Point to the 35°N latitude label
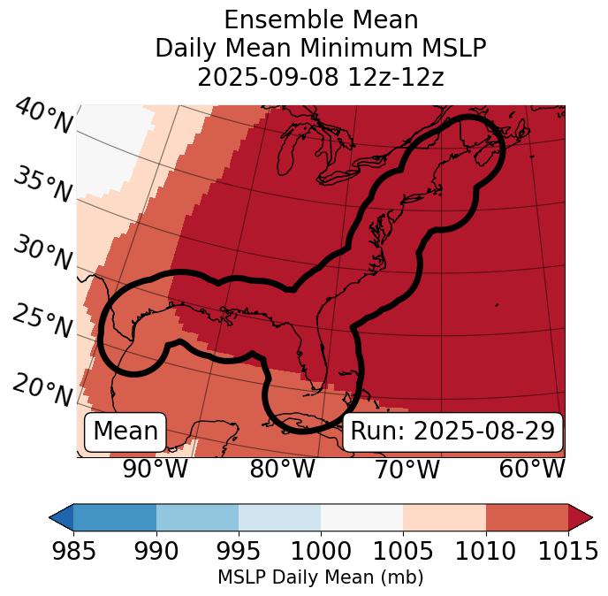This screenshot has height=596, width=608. point(42,186)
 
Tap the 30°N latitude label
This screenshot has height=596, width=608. point(42,254)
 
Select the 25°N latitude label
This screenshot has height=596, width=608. point(42,322)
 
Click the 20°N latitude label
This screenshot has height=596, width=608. point(42,389)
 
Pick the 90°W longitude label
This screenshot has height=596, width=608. point(156,470)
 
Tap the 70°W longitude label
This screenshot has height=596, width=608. point(407,470)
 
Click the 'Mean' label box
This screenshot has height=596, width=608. point(125,432)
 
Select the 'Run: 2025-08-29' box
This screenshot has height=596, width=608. point(452,432)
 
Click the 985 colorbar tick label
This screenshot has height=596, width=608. point(73,551)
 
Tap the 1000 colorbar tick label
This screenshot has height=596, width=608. point(321,551)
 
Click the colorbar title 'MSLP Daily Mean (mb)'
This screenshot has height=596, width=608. point(321,577)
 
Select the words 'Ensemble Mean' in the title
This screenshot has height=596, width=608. point(321,19)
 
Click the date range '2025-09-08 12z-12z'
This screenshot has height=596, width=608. point(321,77)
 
